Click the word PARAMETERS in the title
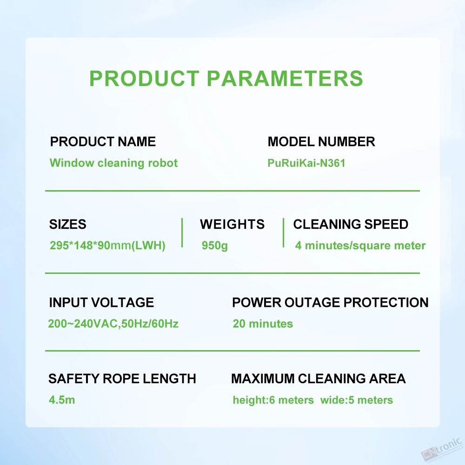pyautogui.click(x=285, y=78)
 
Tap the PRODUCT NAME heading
pyautogui.click(x=103, y=141)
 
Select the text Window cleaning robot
pyautogui.click(x=113, y=163)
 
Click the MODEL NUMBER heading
pyautogui.click(x=321, y=141)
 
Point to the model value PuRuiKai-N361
pyautogui.click(x=306, y=163)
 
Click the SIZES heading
pyautogui.click(x=67, y=224)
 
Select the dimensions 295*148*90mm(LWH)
pyautogui.click(x=107, y=246)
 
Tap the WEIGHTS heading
pyautogui.click(x=232, y=224)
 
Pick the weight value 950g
pyautogui.click(x=215, y=246)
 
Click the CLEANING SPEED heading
pyautogui.click(x=351, y=224)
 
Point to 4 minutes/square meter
pyautogui.click(x=360, y=246)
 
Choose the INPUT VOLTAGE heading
pyautogui.click(x=101, y=303)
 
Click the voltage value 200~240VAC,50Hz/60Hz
pyautogui.click(x=113, y=324)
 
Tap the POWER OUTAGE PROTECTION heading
pyautogui.click(x=330, y=303)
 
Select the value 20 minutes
pyautogui.click(x=263, y=324)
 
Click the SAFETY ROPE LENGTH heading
pyautogui.click(x=122, y=379)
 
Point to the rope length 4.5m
pyautogui.click(x=62, y=400)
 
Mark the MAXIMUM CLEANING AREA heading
pyautogui.click(x=318, y=379)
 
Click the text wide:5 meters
pyautogui.click(x=357, y=400)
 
